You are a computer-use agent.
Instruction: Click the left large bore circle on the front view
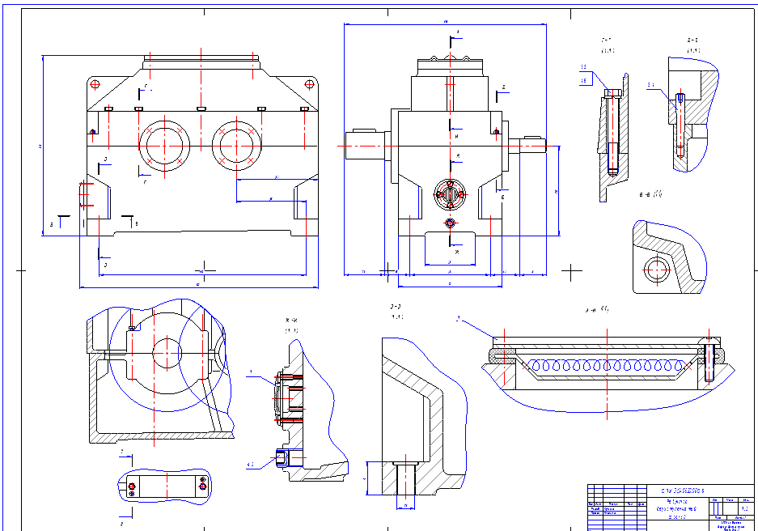[164, 146]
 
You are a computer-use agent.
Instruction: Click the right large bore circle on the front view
[238, 146]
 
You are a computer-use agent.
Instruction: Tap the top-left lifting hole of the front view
[95, 84]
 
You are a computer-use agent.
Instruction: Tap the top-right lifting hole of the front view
[308, 84]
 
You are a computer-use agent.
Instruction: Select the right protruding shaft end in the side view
[531, 146]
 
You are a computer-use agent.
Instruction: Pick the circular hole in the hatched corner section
[656, 270]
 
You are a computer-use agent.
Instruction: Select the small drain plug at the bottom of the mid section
[282, 458]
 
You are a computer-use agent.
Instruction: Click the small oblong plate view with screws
[165, 486]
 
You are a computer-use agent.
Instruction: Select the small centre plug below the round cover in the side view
[451, 223]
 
